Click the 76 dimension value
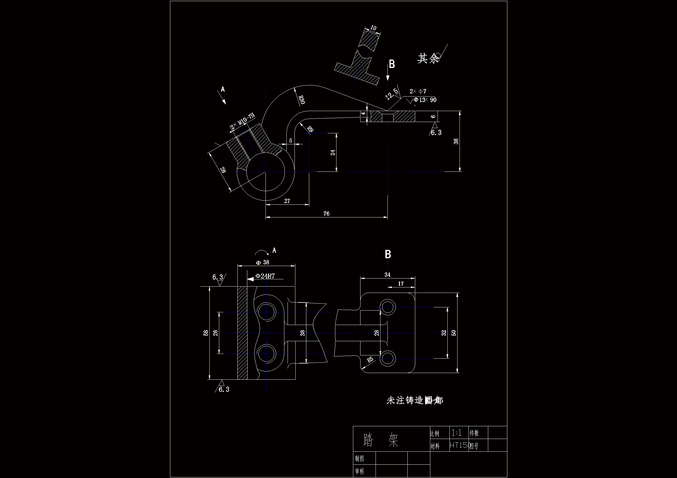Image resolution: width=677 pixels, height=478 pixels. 326,213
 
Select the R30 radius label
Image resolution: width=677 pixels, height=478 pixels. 301,99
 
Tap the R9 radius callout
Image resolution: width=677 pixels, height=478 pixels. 310,129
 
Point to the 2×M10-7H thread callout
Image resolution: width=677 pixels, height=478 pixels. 243,121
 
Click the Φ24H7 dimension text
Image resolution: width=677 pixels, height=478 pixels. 265,276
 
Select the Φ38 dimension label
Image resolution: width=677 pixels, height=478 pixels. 262,262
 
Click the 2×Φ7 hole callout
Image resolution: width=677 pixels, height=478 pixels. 418,91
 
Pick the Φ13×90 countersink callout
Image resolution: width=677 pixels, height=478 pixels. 425,100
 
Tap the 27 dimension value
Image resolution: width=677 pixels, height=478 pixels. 287,201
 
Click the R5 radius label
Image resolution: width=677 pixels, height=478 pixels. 370,360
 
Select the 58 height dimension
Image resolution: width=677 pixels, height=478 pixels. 206,333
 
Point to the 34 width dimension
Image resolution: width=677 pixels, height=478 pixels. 387,274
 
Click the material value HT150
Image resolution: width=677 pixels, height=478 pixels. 460,445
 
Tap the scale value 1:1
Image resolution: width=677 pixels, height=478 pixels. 456,433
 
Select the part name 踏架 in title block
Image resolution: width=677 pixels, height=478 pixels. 381,440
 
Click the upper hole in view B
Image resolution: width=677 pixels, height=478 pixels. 387,307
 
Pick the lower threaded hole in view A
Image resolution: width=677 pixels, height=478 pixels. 266,354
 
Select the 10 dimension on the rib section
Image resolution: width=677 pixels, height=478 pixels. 373,28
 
